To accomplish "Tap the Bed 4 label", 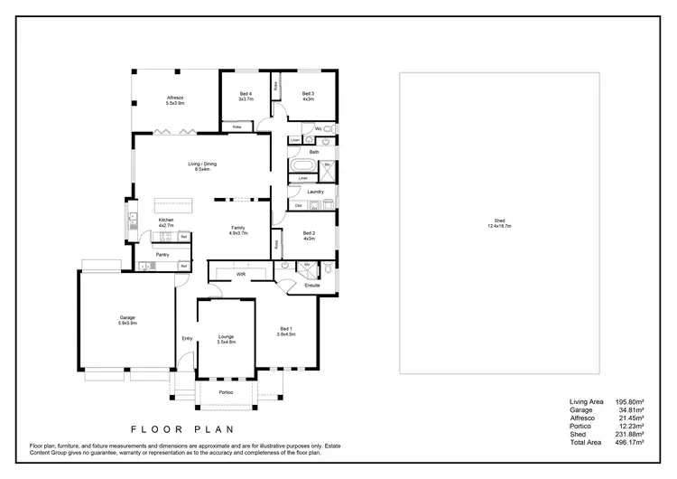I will coord(246,94).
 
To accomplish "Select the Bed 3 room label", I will coord(308,94).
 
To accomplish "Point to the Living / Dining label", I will coord(201,164).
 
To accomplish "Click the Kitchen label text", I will coord(166,221).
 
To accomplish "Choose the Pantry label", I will coord(162,255).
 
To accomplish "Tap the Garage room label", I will coord(127,317).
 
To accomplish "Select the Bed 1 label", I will coord(286,328).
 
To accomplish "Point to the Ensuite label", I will coord(312,286).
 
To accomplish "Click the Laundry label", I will coord(315,192).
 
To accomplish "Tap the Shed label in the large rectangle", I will coord(500,221).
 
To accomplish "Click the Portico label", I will coord(226,392).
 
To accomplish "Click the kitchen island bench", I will coord(176,204).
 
